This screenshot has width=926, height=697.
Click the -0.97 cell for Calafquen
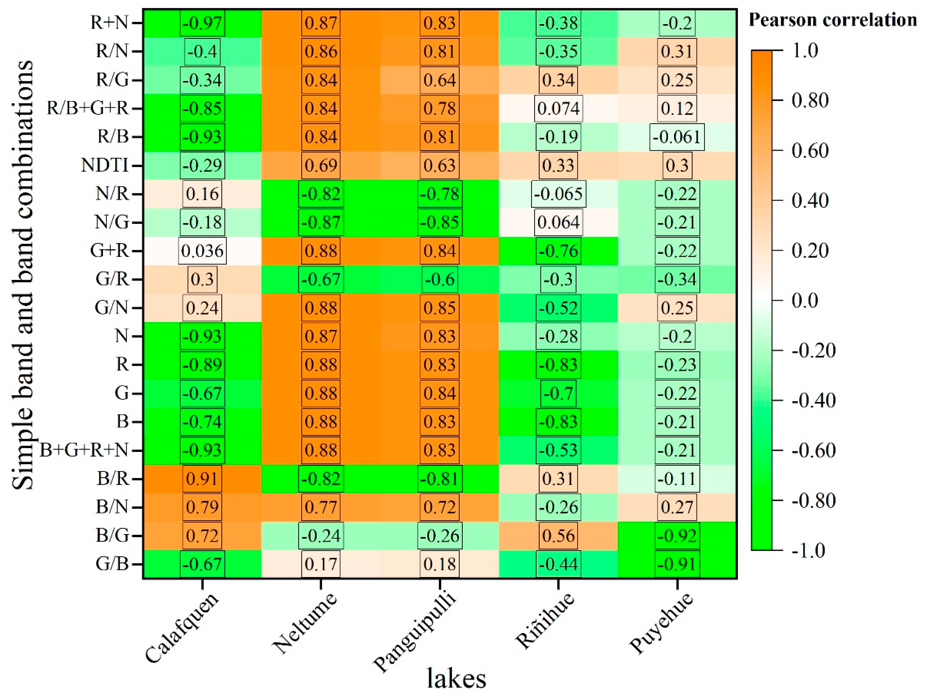point(202,23)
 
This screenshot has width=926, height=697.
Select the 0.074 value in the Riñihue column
point(558,108)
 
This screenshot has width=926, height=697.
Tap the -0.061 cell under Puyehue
point(677,137)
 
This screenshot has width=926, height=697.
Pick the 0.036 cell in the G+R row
point(202,251)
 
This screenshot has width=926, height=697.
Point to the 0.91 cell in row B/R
point(202,479)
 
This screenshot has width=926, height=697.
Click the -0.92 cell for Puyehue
point(677,535)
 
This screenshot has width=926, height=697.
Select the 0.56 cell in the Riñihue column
point(558,535)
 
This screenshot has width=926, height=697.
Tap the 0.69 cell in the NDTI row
point(321,165)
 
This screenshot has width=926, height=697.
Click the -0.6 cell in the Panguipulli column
point(440,279)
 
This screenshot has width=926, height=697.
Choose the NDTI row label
point(105,165)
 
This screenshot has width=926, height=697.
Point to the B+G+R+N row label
point(84,450)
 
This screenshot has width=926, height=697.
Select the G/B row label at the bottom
point(112,564)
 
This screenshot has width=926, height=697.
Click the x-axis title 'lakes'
point(456,678)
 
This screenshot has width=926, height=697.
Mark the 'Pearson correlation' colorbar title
point(832,20)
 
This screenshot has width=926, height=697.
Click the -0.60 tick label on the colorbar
point(813,450)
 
